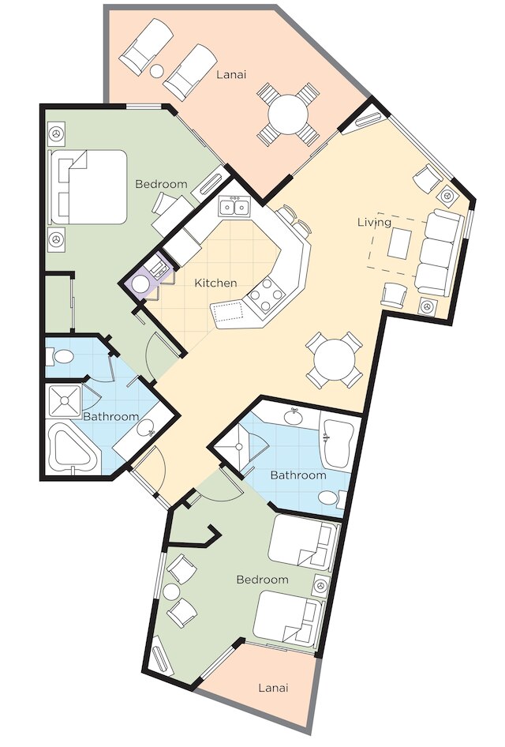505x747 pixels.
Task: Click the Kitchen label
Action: (215, 283)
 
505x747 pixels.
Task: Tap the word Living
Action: (375, 223)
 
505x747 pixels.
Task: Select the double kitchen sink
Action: (234, 207)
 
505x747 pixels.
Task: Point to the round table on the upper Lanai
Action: (287, 114)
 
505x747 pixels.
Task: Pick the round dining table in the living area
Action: (334, 360)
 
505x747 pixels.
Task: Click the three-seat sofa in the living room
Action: (440, 253)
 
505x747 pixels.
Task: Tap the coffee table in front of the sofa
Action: (398, 243)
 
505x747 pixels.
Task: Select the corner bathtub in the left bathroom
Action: (73, 451)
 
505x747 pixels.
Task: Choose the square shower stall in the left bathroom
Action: (65, 401)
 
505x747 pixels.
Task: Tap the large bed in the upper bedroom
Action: (88, 186)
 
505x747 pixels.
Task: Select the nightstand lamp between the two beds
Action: (321, 584)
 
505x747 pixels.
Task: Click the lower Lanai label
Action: (274, 688)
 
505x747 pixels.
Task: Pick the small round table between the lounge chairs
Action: (157, 71)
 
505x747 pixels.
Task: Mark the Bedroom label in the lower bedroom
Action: (262, 580)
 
